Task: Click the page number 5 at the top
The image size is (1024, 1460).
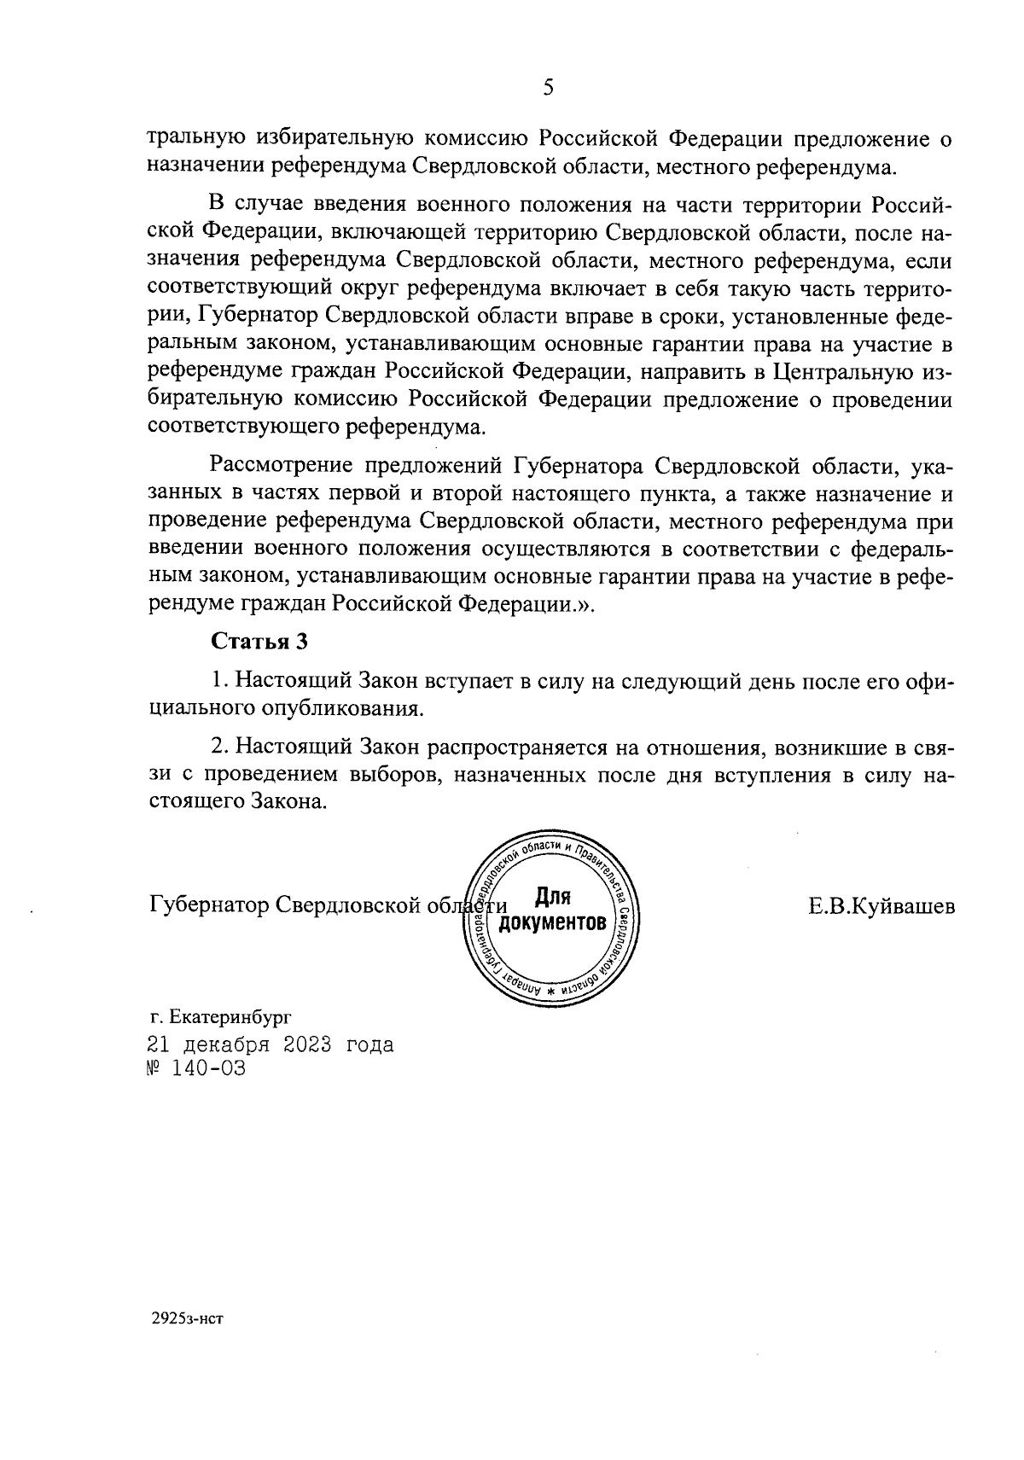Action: (x=548, y=87)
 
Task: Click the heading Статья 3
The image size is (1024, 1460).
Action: (x=259, y=641)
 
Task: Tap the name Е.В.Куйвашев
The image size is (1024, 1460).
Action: (x=881, y=906)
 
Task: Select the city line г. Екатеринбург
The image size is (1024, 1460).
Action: (x=220, y=1017)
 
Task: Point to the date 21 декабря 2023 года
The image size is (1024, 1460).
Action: (x=271, y=1044)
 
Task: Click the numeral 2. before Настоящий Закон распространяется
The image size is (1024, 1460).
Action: (x=220, y=747)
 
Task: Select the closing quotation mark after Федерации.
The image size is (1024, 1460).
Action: (x=579, y=605)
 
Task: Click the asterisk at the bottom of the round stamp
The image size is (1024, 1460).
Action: (x=550, y=991)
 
